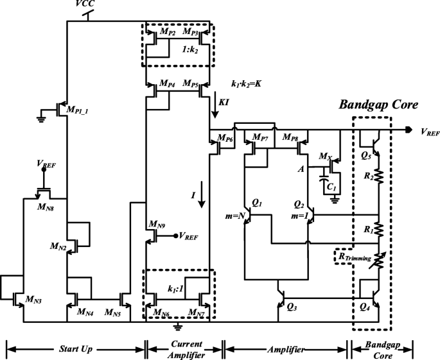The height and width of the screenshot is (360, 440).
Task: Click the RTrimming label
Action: (353, 258)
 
